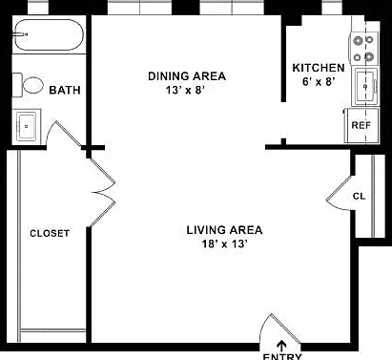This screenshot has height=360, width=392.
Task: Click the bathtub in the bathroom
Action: point(49,34)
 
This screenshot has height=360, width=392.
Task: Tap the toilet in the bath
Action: point(28,85)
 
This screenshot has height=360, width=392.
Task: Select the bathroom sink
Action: point(27,126)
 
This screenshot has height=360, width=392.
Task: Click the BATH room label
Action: point(65,90)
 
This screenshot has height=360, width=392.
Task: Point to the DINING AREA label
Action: point(187,76)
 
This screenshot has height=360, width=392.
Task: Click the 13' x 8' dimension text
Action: point(184,91)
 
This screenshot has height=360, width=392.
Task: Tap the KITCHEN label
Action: point(319,68)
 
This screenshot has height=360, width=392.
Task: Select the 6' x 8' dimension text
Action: point(319,82)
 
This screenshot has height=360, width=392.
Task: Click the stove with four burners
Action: point(364,49)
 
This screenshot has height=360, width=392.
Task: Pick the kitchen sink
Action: point(365,87)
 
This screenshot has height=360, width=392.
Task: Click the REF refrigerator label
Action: point(361,125)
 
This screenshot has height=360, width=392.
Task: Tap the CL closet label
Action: point(359,197)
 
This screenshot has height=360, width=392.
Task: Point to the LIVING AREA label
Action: point(224,230)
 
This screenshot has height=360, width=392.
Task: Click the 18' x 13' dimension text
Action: point(225,244)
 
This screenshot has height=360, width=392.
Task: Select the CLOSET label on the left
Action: point(50,233)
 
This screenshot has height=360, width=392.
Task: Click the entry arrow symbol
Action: point(281,346)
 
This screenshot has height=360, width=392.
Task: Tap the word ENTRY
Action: point(282,356)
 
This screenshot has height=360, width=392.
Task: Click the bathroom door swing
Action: point(64,134)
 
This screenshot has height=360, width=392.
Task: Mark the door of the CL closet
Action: point(340,194)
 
